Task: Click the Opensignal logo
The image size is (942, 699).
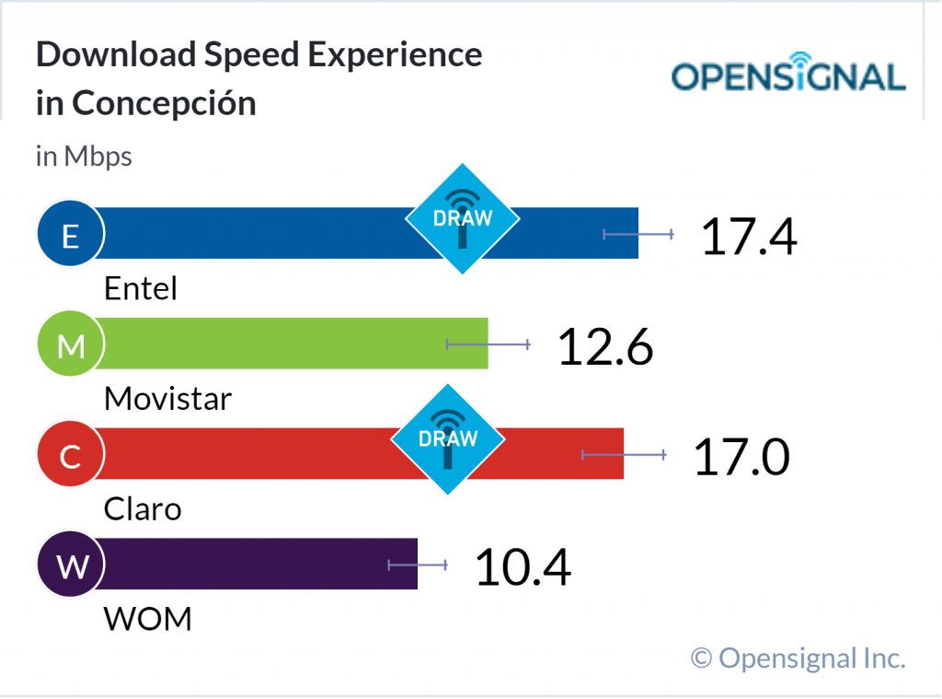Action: coord(788,76)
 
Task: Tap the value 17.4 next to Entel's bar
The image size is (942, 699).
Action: coord(748,236)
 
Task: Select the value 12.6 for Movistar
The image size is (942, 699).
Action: coord(605,346)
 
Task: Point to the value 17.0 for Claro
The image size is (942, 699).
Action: coord(741,457)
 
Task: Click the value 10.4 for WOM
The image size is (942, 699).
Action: coord(523,566)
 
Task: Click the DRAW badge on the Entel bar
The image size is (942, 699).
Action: coord(463,219)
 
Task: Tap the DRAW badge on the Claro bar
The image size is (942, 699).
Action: coord(448,439)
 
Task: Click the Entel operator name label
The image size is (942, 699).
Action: coord(140,289)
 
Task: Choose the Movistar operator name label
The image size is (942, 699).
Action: coord(167,399)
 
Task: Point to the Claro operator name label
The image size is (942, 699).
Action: coord(143,508)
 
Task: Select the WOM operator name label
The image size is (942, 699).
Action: coord(148,618)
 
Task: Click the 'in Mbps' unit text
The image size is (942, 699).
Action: coord(84,157)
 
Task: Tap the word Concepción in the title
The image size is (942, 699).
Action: coord(164,103)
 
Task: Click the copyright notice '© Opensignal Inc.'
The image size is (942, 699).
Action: coord(798,658)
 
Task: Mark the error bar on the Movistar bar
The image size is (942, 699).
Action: coord(488,344)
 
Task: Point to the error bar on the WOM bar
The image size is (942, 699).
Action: coord(418,565)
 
